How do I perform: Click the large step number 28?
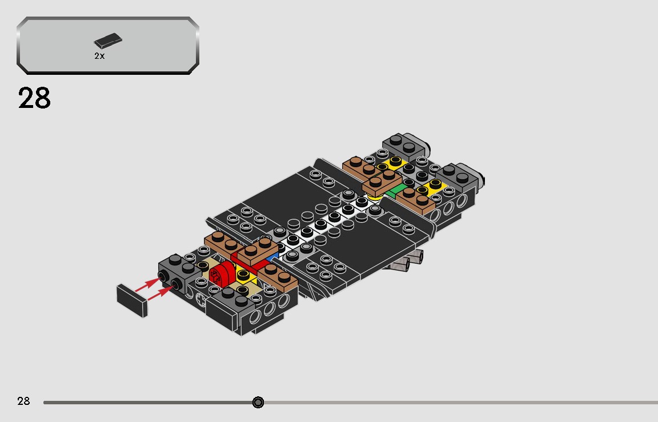coord(35,98)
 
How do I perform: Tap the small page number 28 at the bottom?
coord(23,401)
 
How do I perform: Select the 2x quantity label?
coord(99,56)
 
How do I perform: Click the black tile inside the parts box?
coord(108,42)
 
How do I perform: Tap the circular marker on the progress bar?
coord(258,403)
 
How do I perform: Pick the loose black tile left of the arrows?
coord(132,301)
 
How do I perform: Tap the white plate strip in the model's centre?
coord(331,220)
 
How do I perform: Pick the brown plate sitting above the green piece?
coord(382,183)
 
